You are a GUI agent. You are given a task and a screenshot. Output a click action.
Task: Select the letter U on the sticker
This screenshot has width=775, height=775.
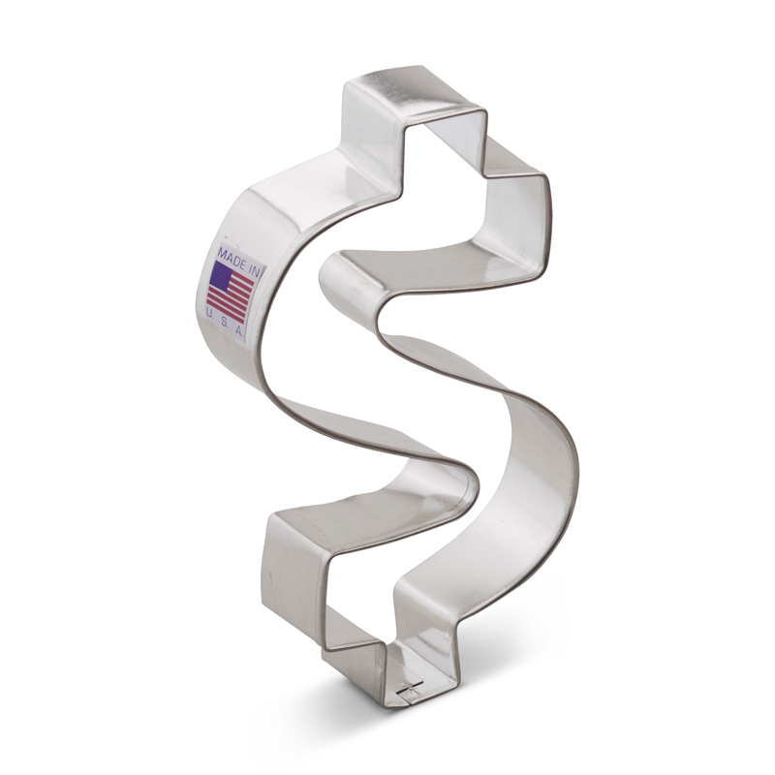click(210, 314)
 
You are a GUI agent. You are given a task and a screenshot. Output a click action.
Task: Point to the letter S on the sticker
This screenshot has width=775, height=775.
click(224, 322)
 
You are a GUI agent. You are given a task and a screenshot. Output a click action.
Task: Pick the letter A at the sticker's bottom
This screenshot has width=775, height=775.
click(237, 330)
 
